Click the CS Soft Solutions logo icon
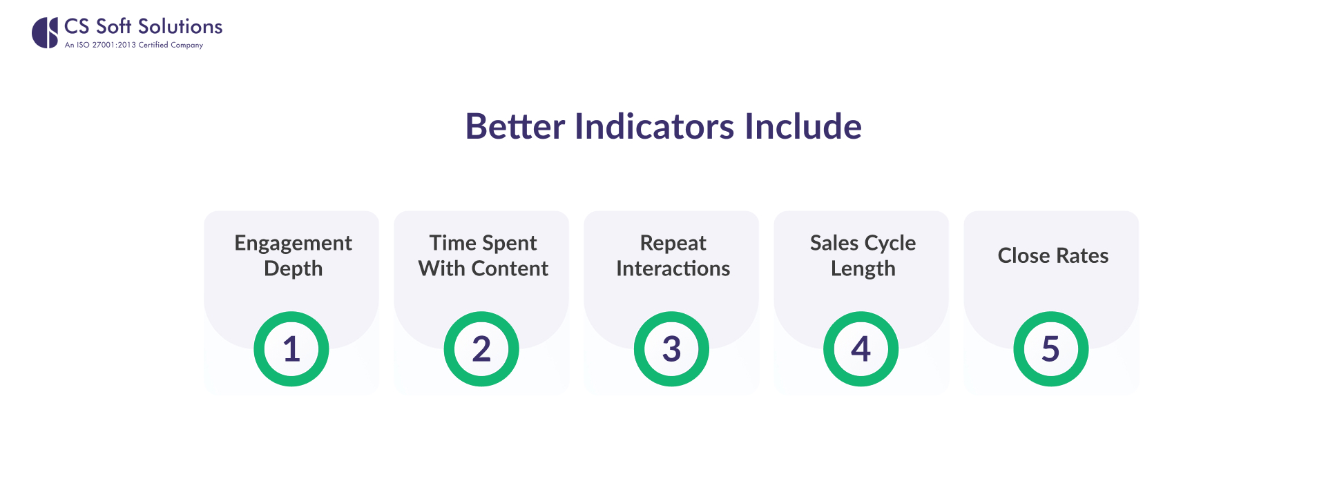45,33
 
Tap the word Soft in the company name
113,26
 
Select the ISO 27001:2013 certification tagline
134,45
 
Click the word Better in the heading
515,126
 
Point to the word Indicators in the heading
654,126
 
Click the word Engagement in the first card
293,244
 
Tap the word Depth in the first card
293,269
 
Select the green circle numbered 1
291,348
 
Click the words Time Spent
483,243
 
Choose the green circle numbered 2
481,348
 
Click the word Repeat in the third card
673,244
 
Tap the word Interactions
673,268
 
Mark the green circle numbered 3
671,348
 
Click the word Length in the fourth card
863,269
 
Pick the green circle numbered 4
861,348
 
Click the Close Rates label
1053,256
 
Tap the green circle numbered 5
1050,348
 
